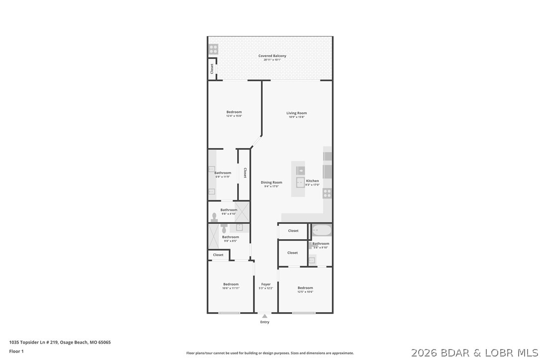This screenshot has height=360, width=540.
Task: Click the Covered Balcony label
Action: [x=272, y=56]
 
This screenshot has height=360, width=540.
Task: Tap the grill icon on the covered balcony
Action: [x=213, y=49]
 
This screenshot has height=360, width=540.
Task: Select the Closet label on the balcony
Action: [x=212, y=69]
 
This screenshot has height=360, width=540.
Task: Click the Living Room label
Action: [x=296, y=113]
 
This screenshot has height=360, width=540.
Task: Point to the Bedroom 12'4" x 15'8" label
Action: [x=234, y=112]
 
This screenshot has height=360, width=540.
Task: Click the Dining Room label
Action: [x=271, y=182]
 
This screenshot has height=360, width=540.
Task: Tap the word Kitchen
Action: [x=312, y=181]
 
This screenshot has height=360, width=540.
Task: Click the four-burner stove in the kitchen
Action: [x=327, y=193]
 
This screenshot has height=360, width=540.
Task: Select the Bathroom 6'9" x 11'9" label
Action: [x=223, y=173]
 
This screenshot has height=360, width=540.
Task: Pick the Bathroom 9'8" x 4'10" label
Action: [x=229, y=210]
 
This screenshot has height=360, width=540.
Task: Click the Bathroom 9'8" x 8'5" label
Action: [x=231, y=237]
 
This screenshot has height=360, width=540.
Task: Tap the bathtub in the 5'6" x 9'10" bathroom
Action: [x=322, y=231]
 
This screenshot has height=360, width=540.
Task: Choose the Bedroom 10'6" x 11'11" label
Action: [x=231, y=284]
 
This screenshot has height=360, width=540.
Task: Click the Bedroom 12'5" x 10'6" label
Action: [x=305, y=288]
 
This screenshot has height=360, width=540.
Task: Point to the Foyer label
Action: [x=266, y=284]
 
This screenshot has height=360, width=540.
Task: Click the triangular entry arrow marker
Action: [x=265, y=316]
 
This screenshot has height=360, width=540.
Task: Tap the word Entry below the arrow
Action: [x=265, y=322]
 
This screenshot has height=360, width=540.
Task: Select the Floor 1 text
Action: [x=16, y=351]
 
